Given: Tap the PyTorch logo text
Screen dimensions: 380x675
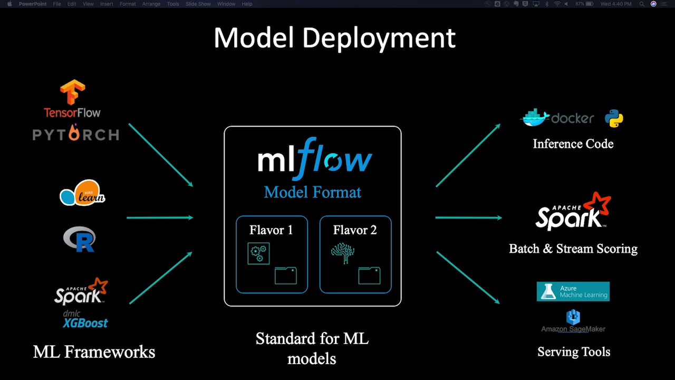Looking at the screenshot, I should coord(76,135).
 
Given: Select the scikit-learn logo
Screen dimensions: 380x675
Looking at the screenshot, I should coord(82,193).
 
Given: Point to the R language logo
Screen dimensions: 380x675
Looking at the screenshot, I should coord(79,239).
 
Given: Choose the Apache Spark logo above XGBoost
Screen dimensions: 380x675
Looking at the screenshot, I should coord(81,291).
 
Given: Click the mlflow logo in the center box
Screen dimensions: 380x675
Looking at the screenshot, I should coord(314,157).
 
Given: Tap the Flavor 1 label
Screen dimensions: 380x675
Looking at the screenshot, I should coord(271,230).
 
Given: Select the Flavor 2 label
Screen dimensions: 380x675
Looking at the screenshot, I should coord(355,230).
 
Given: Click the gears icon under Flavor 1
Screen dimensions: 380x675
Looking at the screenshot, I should coord(258,253).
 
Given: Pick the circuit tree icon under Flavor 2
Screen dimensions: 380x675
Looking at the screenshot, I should coord(342,253).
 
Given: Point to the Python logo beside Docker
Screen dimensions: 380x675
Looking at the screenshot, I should coord(614,119).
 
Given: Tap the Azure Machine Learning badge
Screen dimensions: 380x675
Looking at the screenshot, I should coord(573,291).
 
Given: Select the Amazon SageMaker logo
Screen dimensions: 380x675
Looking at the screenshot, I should coord(573,322).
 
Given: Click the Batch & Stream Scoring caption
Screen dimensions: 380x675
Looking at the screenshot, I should coord(573,249).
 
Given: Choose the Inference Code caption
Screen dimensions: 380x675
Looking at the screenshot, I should coord(573,144).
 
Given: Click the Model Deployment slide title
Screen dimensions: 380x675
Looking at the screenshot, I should coord(334,38).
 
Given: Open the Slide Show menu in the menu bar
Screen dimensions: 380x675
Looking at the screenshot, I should coord(198,4).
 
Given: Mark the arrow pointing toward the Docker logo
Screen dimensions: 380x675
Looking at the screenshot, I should coord(468,155).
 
